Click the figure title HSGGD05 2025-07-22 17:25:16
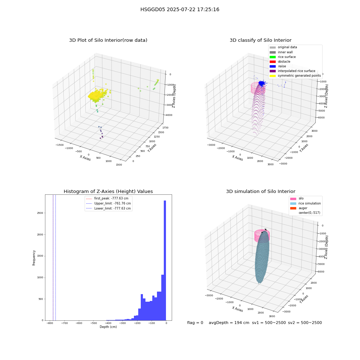[x=180, y=9]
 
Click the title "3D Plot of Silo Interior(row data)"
[x=108, y=40]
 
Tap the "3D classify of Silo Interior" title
[x=261, y=40]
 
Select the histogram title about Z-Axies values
[x=108, y=191]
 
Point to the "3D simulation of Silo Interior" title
[x=261, y=191]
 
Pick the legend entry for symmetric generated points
[x=295, y=76]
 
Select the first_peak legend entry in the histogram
[x=107, y=198]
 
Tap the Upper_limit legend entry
[x=108, y=203]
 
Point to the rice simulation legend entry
[x=305, y=203]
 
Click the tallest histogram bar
[x=165, y=260]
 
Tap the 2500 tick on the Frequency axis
[x=40, y=213]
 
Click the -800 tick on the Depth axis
[x=50, y=323]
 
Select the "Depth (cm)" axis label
[x=108, y=327]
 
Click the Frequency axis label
[x=34, y=258]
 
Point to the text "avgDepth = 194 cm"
[x=229, y=323]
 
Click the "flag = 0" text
[x=195, y=323]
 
